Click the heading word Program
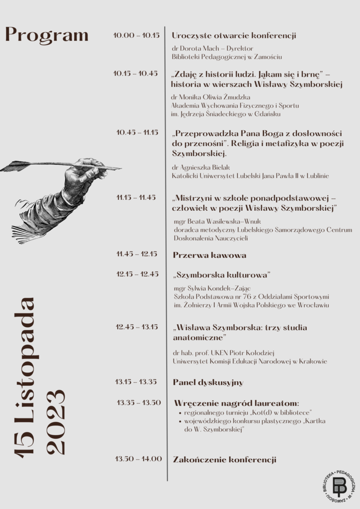click(47, 35)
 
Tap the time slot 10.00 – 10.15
click(136, 35)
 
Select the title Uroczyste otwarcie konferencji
click(234, 35)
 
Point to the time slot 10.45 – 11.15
click(137, 132)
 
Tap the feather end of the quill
click(15, 166)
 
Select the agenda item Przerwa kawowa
click(209, 255)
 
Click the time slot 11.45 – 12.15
click(137, 254)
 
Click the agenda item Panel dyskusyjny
click(208, 382)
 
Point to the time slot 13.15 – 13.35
click(136, 382)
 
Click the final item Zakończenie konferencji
click(224, 460)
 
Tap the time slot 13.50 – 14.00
click(139, 459)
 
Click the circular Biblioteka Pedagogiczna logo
click(339, 485)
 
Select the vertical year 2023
click(55, 422)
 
